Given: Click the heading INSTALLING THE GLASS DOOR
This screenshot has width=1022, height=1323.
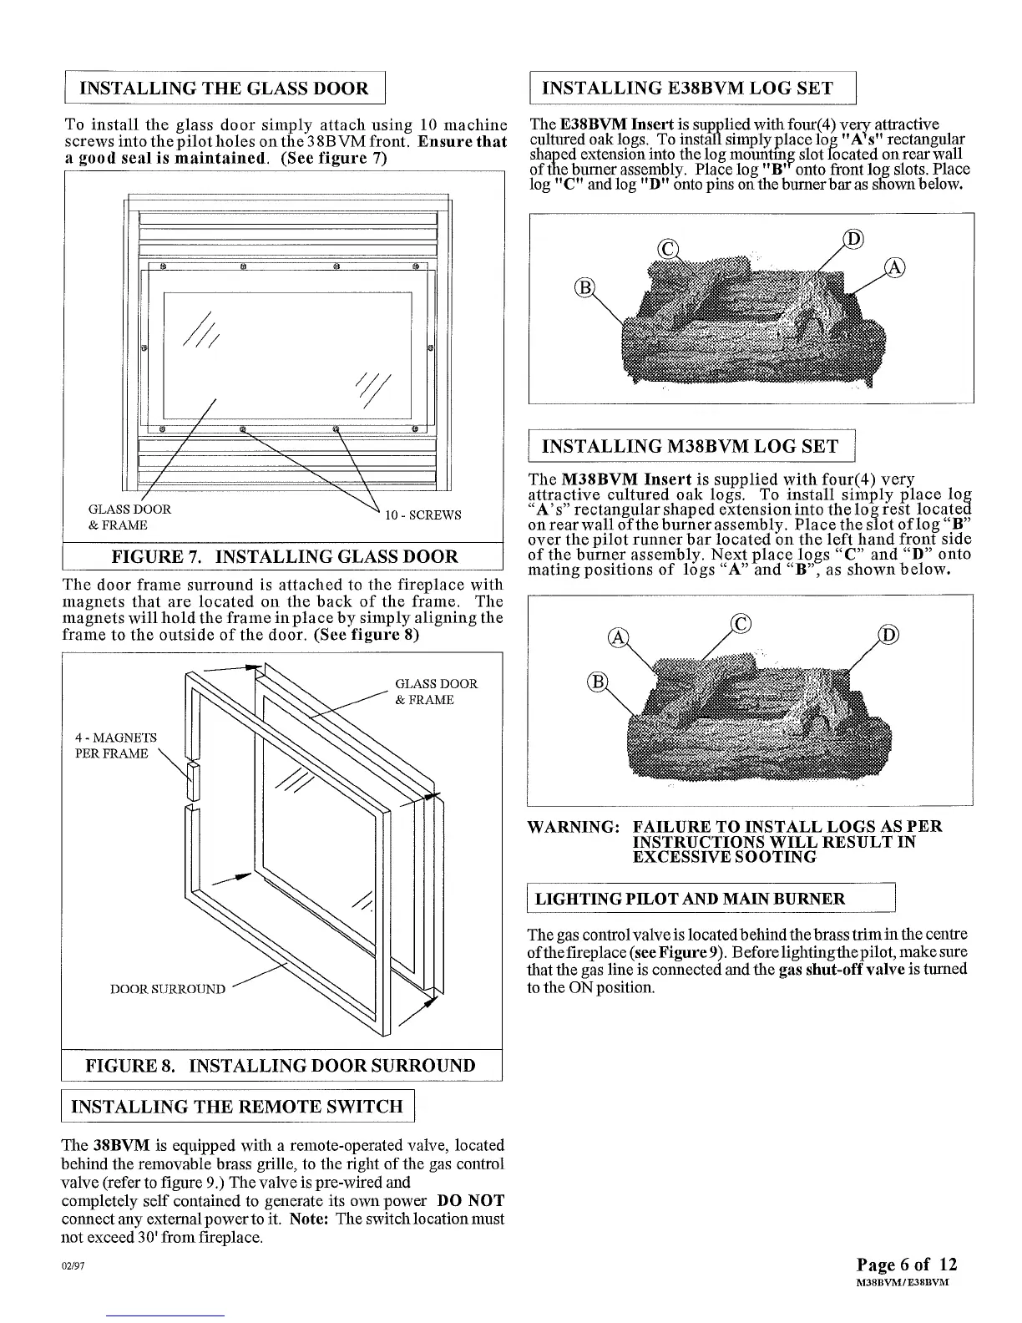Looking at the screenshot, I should [x=224, y=89].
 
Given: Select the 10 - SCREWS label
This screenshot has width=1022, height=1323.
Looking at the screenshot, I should [x=422, y=514].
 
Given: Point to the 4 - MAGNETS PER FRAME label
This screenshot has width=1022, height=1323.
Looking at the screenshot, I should [x=115, y=746].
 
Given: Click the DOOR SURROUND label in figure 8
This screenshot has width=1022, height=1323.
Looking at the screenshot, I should [x=168, y=990].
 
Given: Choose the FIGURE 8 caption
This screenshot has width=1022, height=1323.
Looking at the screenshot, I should [x=281, y=1066].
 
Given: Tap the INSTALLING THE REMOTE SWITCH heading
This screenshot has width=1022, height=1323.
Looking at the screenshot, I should [x=238, y=1107].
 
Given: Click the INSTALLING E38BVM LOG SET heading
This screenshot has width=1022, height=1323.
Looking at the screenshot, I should [x=687, y=89].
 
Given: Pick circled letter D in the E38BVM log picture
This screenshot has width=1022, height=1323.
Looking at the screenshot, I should [x=853, y=239].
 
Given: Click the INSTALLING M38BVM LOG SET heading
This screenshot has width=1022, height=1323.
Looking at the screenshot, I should [x=690, y=446].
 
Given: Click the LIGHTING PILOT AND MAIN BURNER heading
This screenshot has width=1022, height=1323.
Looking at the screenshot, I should [x=690, y=899].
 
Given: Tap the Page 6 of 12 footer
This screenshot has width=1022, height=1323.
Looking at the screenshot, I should [x=907, y=1264].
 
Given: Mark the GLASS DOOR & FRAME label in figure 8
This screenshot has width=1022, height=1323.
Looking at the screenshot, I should [x=436, y=692].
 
